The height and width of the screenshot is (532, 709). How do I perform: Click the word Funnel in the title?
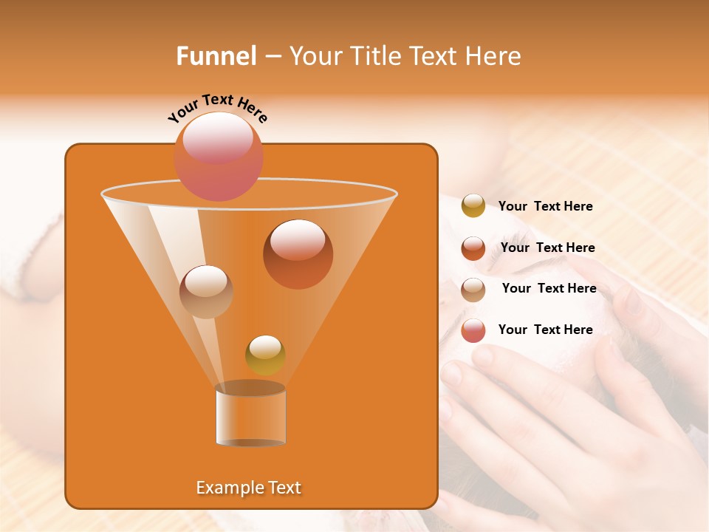click(216, 56)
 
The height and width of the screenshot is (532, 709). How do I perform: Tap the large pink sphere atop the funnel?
click(218, 156)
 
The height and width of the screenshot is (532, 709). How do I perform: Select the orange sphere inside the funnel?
click(298, 253)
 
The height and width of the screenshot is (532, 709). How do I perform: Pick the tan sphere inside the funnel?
click(206, 291)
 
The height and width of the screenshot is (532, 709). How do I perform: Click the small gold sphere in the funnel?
click(265, 355)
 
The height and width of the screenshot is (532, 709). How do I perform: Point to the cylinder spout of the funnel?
click(250, 415)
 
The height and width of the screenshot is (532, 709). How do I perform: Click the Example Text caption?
click(249, 488)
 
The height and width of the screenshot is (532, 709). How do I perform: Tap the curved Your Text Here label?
click(217, 109)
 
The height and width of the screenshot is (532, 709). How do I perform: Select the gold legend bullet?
click(473, 206)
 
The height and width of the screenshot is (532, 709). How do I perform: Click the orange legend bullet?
click(473, 248)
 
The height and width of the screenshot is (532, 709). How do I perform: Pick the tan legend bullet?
click(473, 289)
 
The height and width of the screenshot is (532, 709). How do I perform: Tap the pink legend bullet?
click(473, 330)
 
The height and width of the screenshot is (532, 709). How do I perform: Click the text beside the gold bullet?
click(545, 207)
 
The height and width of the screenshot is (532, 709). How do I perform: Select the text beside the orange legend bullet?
click(547, 248)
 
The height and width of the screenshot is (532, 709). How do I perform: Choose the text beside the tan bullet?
click(549, 289)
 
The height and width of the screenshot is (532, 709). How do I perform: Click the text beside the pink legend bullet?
click(545, 330)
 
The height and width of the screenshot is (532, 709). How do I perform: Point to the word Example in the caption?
click(225, 488)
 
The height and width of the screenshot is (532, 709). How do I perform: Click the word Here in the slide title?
click(495, 56)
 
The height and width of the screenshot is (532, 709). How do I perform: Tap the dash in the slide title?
click(273, 57)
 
